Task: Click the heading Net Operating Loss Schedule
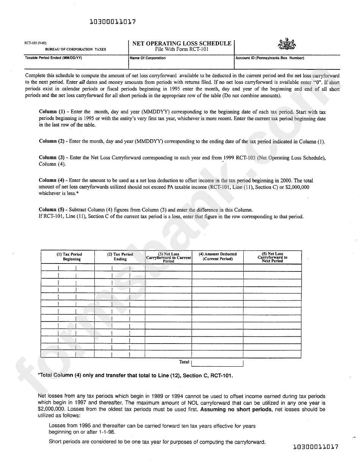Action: click(182, 43)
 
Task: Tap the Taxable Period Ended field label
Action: click(53, 58)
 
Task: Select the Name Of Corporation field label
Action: click(147, 58)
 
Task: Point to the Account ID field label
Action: click(269, 58)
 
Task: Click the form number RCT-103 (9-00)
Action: click(36, 43)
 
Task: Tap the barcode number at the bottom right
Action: click(316, 447)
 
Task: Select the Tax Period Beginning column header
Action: click(72, 257)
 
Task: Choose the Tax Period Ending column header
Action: click(120, 257)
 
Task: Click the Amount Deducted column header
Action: click(218, 257)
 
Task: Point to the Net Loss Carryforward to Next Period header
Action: click(272, 257)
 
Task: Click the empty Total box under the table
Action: click(217, 363)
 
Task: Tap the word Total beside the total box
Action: click(184, 362)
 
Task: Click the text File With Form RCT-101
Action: click(182, 49)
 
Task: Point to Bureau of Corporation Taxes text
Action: click(75, 49)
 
